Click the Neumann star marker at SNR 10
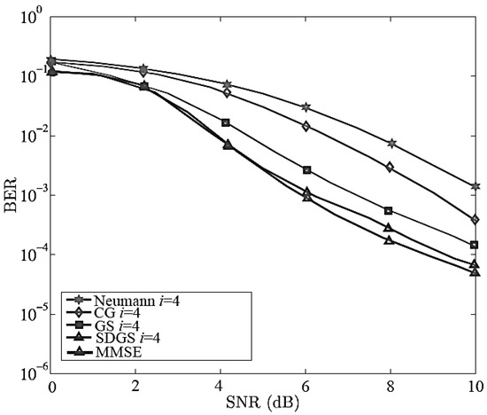(475, 186)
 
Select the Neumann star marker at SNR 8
(391, 143)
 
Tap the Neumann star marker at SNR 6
(306, 106)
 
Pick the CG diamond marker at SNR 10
(475, 219)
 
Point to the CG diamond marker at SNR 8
(391, 167)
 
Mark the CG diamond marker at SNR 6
(306, 126)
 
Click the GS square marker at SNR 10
(475, 245)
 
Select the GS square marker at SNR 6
(306, 169)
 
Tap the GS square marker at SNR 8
(391, 211)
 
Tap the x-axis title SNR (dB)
(264, 405)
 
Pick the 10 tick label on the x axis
(474, 388)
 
